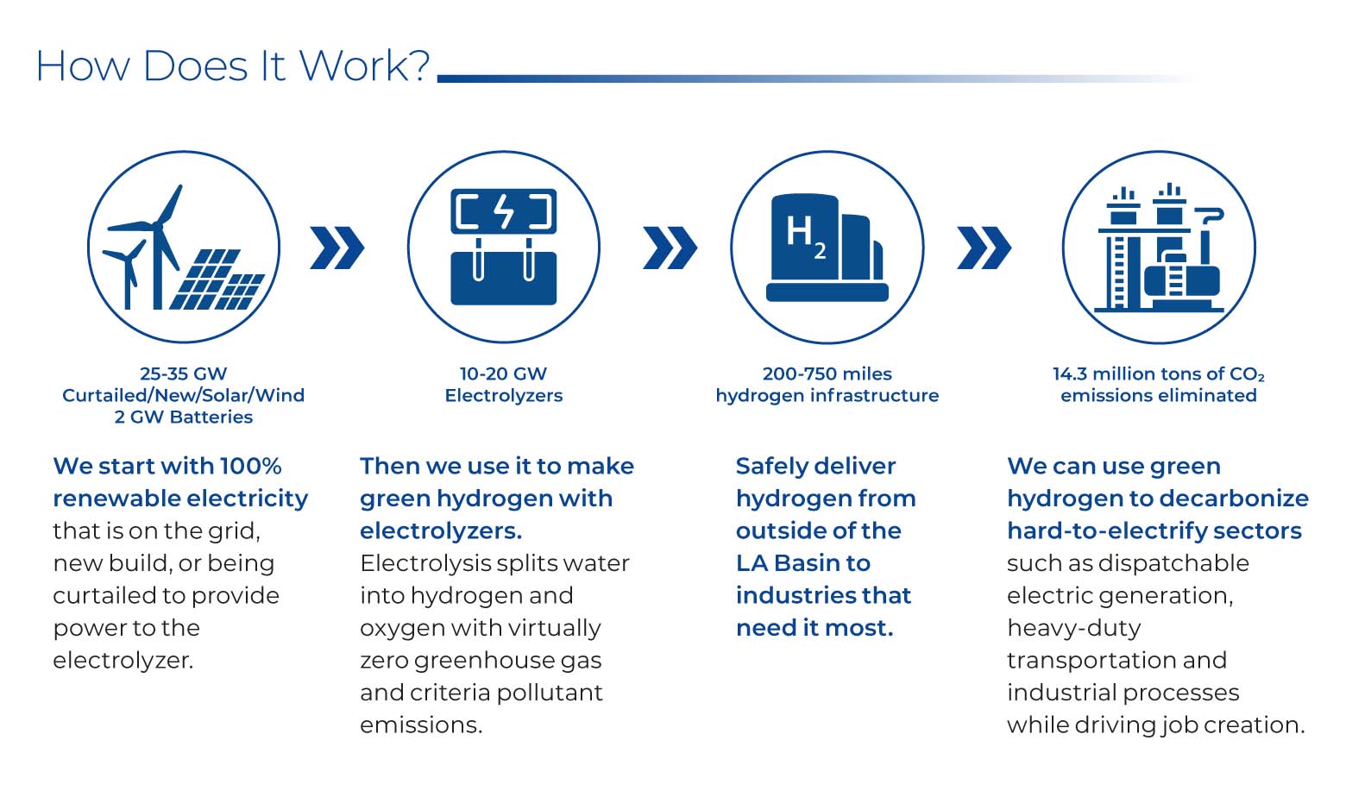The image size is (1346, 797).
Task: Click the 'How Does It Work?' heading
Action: pyautogui.click(x=232, y=66)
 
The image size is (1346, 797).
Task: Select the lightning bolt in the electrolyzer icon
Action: pyautogui.click(x=504, y=211)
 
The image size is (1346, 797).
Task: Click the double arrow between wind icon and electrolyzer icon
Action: pyautogui.click(x=336, y=248)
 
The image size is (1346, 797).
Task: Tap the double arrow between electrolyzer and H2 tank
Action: pyautogui.click(x=670, y=248)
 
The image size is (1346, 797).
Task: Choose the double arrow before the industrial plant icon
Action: pyautogui.click(x=984, y=248)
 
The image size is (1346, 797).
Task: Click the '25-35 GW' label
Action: pyautogui.click(x=183, y=373)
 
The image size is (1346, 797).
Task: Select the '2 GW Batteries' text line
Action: pyautogui.click(x=183, y=417)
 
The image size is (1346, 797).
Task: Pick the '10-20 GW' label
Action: pyautogui.click(x=503, y=373)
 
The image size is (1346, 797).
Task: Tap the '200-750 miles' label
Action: pyautogui.click(x=827, y=373)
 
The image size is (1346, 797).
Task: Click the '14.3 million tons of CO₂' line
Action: pyautogui.click(x=1158, y=373)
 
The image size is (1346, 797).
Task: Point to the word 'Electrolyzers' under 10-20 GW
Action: pyautogui.click(x=503, y=395)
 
